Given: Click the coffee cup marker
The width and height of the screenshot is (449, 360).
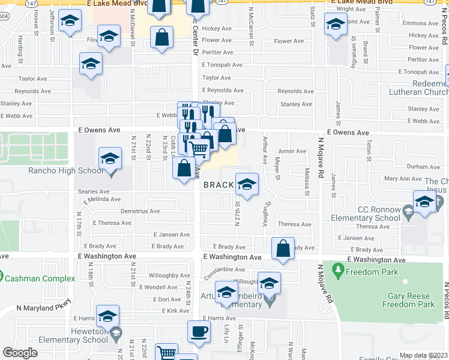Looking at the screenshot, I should click(x=199, y=331).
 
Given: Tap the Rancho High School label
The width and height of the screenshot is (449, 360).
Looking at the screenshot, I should click(x=66, y=171).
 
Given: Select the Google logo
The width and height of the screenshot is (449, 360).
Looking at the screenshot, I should click(x=20, y=353).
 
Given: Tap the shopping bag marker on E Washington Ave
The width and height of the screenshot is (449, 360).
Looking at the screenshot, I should click(x=283, y=248).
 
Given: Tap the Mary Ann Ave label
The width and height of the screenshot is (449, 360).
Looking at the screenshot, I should click(x=403, y=179).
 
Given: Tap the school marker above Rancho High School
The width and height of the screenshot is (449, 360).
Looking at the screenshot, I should click(x=110, y=158).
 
